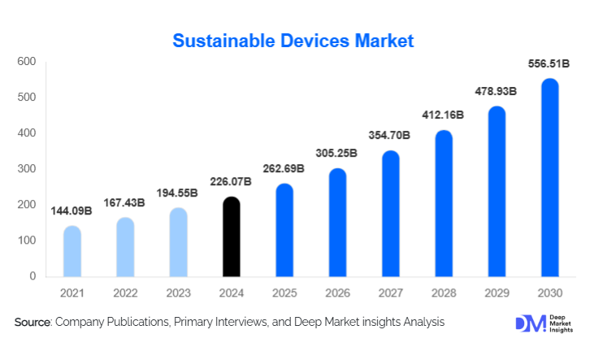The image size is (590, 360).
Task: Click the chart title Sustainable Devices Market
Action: [x=294, y=40]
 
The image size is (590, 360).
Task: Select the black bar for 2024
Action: [x=232, y=236]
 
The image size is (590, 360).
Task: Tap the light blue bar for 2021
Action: [x=72, y=251]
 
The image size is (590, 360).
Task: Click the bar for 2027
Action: [x=391, y=214]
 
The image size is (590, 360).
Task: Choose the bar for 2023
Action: [x=178, y=242]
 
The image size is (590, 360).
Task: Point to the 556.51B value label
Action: [x=550, y=64]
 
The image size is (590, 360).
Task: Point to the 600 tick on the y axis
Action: [x=27, y=62]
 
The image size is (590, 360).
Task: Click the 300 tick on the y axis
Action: [x=27, y=169]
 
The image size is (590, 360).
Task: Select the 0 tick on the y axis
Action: [x=33, y=276]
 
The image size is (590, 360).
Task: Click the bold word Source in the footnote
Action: [x=33, y=323]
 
